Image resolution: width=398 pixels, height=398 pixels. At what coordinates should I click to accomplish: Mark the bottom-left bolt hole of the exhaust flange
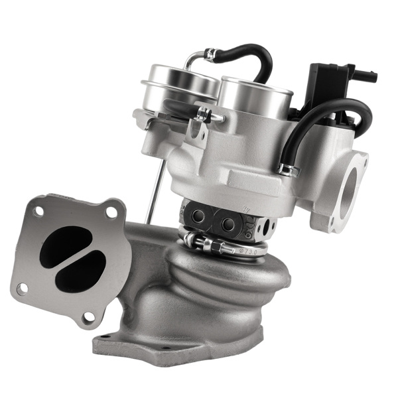(23, 288)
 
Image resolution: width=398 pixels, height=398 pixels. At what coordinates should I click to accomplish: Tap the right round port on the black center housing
(228, 222)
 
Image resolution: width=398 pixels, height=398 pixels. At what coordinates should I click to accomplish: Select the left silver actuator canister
(179, 83)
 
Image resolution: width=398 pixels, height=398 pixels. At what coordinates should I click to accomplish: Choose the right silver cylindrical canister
(255, 96)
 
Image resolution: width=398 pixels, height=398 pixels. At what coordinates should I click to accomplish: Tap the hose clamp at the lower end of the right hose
(287, 170)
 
